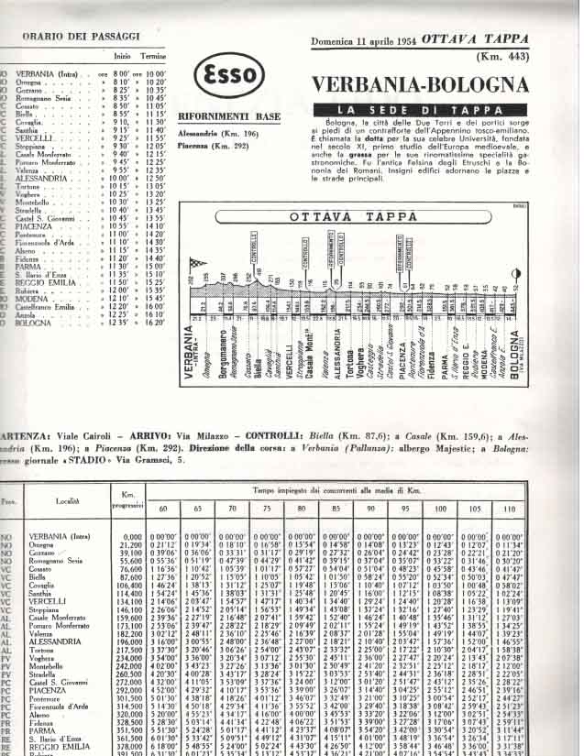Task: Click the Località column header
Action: click(x=73, y=502)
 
